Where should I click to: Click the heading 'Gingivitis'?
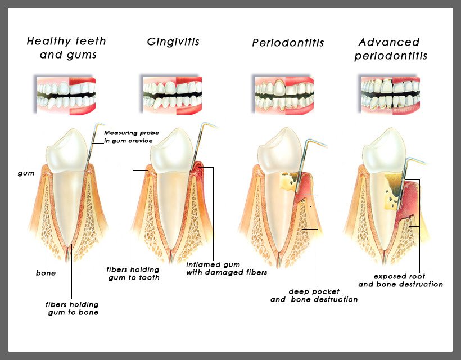[173, 42]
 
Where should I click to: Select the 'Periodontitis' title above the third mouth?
[288, 43]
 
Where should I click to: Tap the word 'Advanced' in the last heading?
[388, 42]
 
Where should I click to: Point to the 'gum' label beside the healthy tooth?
[26, 173]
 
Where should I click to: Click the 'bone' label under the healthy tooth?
[46, 273]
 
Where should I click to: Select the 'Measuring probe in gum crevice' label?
[132, 137]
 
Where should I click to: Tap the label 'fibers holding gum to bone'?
[73, 308]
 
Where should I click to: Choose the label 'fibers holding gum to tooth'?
[133, 273]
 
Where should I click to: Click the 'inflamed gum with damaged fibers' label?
[227, 268]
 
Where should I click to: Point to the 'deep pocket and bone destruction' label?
[314, 295]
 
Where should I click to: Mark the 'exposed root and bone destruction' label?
[400, 280]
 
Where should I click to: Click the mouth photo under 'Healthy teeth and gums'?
[66, 95]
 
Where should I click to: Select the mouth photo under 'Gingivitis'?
[172, 95]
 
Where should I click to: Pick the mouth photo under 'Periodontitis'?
[284, 95]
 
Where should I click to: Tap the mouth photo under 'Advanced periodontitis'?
[390, 95]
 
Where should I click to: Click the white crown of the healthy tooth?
[67, 151]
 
